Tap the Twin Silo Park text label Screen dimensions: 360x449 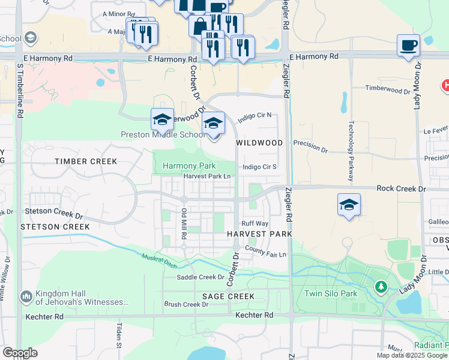(x=331, y=293)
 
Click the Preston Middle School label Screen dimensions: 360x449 (x=163, y=134)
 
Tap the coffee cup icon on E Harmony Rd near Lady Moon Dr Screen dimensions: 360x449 (x=408, y=46)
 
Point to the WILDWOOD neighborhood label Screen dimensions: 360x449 (x=259, y=143)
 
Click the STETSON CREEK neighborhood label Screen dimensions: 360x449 (x=55, y=227)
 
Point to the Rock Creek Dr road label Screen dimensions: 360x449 (x=401, y=188)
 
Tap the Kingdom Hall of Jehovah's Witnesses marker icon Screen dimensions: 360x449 (x=26, y=296)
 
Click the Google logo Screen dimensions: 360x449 (x=20, y=353)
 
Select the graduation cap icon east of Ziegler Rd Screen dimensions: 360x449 (x=349, y=204)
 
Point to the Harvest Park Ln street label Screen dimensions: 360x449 (x=207, y=176)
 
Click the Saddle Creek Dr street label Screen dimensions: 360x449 (x=200, y=277)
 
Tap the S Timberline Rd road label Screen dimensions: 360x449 (x=20, y=87)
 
